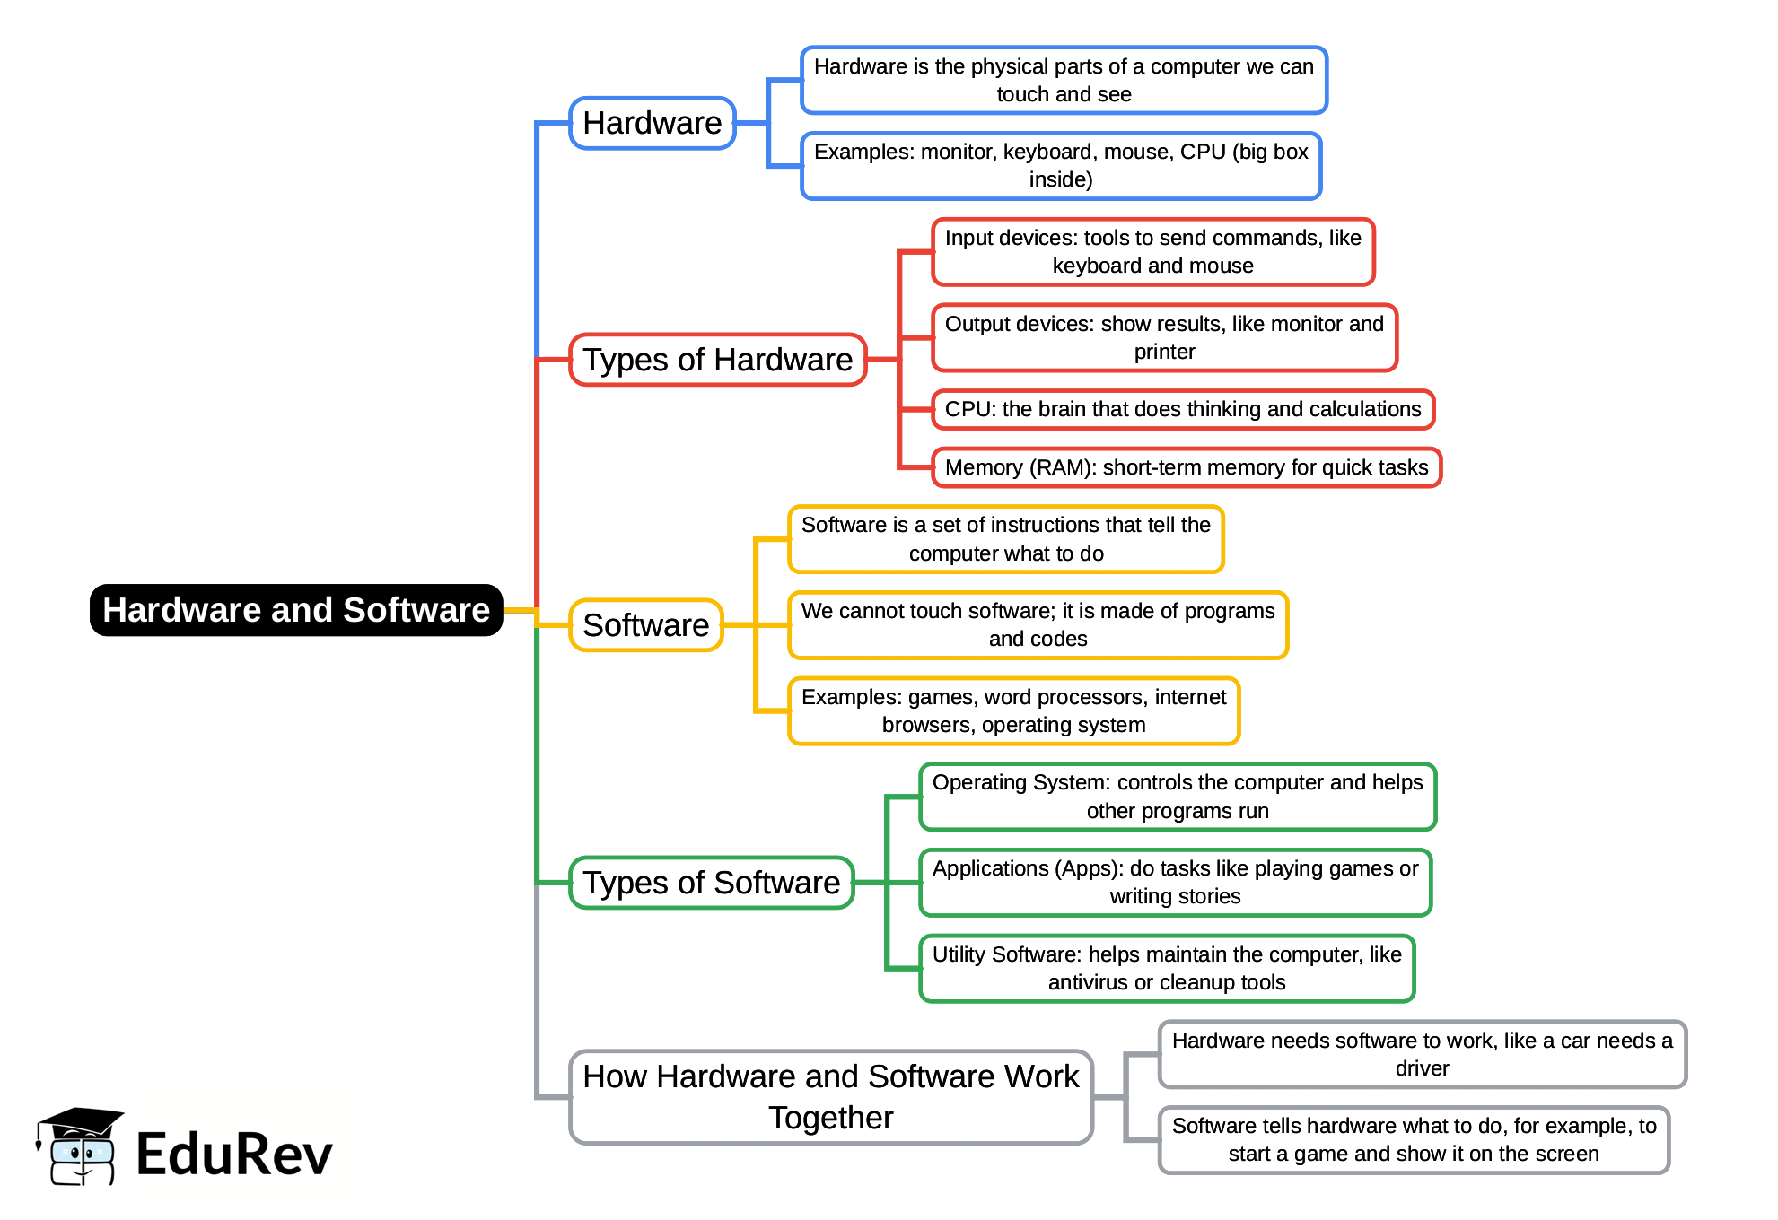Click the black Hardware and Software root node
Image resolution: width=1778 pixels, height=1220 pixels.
(x=296, y=610)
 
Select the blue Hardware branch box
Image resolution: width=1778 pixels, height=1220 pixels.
(x=653, y=123)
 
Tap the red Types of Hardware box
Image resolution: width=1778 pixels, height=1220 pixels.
(x=718, y=360)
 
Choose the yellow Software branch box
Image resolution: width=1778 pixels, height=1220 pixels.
(x=646, y=625)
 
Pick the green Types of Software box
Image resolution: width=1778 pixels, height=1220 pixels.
(x=712, y=883)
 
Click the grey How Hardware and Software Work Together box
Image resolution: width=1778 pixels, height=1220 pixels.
(x=831, y=1097)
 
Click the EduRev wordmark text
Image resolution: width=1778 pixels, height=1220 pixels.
(x=234, y=1154)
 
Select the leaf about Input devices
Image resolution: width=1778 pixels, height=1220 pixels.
(x=1153, y=252)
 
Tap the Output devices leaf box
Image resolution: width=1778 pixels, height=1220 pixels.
(x=1164, y=338)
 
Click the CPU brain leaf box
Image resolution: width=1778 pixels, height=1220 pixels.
(x=1183, y=410)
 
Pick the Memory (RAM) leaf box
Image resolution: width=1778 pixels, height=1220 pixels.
(x=1187, y=468)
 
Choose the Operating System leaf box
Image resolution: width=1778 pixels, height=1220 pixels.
(x=1178, y=797)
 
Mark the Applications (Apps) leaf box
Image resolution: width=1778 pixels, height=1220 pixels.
(x=1175, y=883)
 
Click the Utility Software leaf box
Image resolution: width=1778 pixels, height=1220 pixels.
(x=1167, y=969)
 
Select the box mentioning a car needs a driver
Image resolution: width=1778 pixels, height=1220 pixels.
(x=1423, y=1054)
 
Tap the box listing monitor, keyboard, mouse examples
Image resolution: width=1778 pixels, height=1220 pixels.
(x=1061, y=166)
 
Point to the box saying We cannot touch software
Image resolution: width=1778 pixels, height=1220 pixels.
(x=1038, y=625)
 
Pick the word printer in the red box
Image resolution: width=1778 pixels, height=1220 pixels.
(x=1164, y=353)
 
